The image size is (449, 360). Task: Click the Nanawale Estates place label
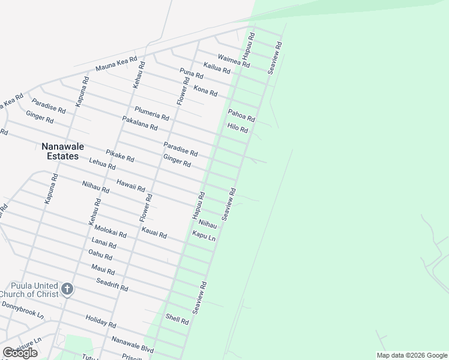click(60, 151)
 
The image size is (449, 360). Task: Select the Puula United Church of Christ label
click(29, 290)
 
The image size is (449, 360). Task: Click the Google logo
click(20, 353)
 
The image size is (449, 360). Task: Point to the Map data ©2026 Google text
click(412, 355)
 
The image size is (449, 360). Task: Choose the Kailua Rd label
click(217, 68)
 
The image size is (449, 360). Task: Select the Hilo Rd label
click(237, 128)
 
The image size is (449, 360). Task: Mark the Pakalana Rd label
click(139, 124)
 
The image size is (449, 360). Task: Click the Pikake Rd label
click(120, 155)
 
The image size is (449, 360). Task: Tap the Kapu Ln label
click(203, 235)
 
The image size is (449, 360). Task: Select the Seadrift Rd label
click(112, 284)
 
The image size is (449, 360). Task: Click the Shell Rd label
click(177, 319)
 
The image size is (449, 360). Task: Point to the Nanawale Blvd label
click(133, 344)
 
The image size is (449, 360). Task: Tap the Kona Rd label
click(205, 91)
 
